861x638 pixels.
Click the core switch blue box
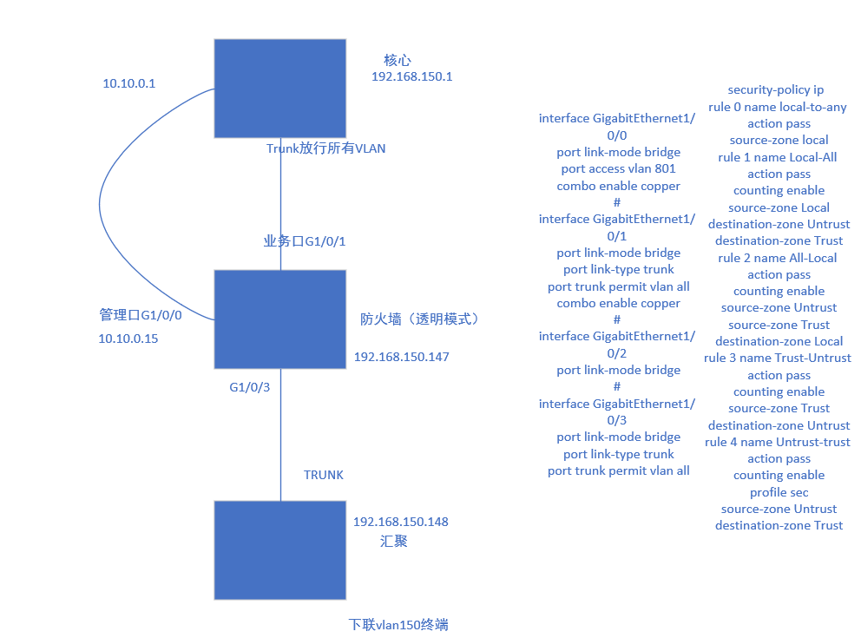(x=279, y=88)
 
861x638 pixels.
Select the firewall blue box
(x=279, y=319)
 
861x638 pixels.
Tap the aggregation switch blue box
(x=279, y=549)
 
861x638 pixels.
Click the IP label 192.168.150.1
(x=411, y=76)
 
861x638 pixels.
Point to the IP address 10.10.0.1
(x=128, y=83)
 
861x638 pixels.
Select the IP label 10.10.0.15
(x=128, y=339)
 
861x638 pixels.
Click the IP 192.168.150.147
(x=401, y=357)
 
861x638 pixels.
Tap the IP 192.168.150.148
(x=400, y=522)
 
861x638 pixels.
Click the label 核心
(x=398, y=60)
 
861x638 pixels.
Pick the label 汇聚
(x=394, y=541)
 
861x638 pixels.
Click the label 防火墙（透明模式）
(x=420, y=319)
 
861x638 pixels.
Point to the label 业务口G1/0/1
(x=305, y=240)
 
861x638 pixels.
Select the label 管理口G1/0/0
(x=141, y=315)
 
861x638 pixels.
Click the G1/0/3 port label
(x=250, y=387)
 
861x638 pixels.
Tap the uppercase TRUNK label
(x=323, y=475)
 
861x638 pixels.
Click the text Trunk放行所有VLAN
(x=326, y=148)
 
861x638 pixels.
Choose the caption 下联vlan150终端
(x=398, y=624)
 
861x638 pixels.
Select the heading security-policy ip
(x=776, y=89)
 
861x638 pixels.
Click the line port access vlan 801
(x=618, y=168)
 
